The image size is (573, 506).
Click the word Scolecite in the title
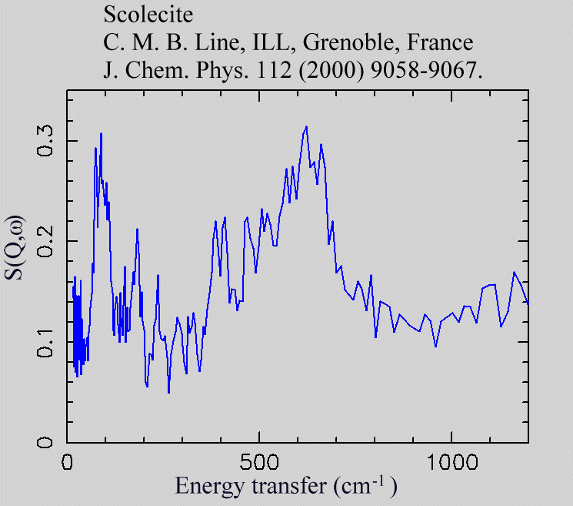point(139,15)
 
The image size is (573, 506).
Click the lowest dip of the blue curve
point(168,393)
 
